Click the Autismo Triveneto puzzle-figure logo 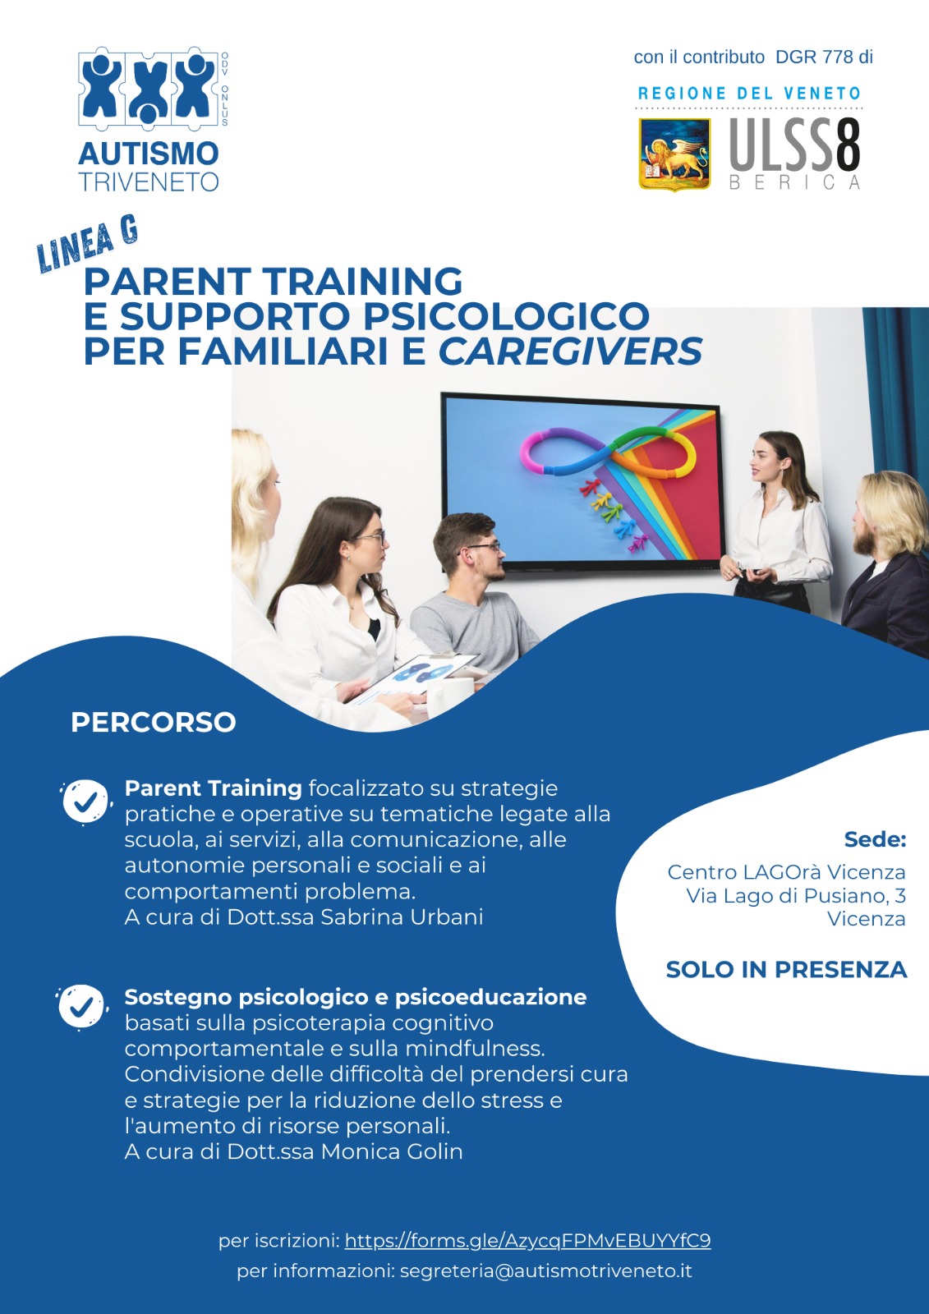pos(149,88)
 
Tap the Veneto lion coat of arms pos(674,154)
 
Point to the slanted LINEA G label pos(87,244)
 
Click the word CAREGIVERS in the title pos(570,351)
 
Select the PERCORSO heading pos(154,722)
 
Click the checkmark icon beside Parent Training pos(85,801)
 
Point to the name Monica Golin pos(392,1151)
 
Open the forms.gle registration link pos(527,1240)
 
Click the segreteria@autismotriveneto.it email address pos(545,1270)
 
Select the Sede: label pos(875,839)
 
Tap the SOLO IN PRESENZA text pos(786,970)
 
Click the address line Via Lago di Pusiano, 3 pos(795,895)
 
